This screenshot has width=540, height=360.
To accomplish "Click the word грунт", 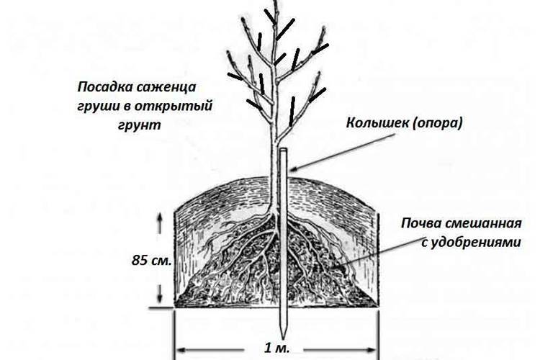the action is tap(140, 125).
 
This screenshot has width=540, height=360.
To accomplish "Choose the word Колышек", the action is tap(377, 123).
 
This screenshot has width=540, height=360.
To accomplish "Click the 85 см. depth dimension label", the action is tap(151, 261).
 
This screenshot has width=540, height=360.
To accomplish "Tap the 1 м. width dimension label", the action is tap(277, 348).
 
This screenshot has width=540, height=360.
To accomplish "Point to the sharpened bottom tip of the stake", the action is tap(283, 338).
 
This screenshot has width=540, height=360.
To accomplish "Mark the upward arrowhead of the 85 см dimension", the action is tap(159, 217).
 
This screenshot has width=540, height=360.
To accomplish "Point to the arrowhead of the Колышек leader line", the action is tap(293, 168).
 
